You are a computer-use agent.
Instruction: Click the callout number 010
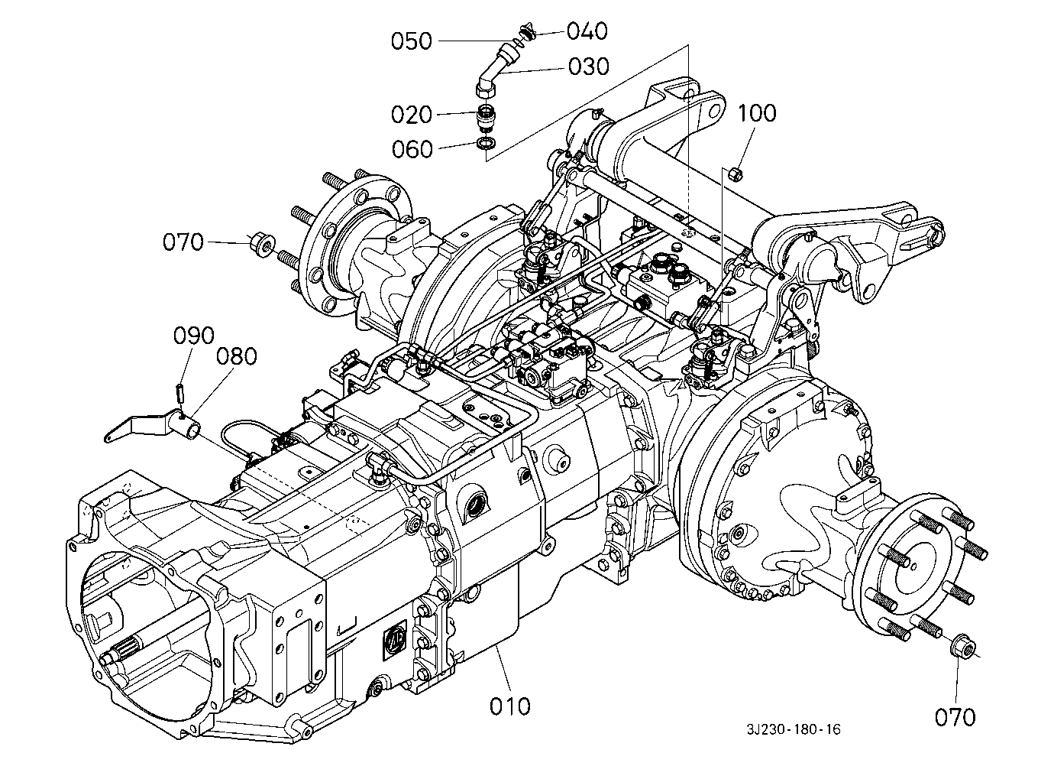coord(509,706)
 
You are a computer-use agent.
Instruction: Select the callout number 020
coord(411,115)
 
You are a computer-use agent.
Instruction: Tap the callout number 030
coord(589,67)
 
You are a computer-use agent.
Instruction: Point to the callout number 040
coord(587,31)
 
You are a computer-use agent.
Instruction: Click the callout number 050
coord(411,41)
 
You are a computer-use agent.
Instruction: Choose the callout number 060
coord(412,149)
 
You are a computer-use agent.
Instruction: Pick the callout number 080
coord(236,356)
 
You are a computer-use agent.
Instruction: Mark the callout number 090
coord(194,336)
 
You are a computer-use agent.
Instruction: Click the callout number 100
coord(757,113)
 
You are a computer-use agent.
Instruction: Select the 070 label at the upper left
coord(183,242)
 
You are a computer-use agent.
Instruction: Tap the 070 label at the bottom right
coord(955,718)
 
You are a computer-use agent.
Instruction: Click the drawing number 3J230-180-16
coord(794,730)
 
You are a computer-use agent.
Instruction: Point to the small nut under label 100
coord(735,174)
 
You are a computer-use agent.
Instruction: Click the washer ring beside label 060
coord(485,143)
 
